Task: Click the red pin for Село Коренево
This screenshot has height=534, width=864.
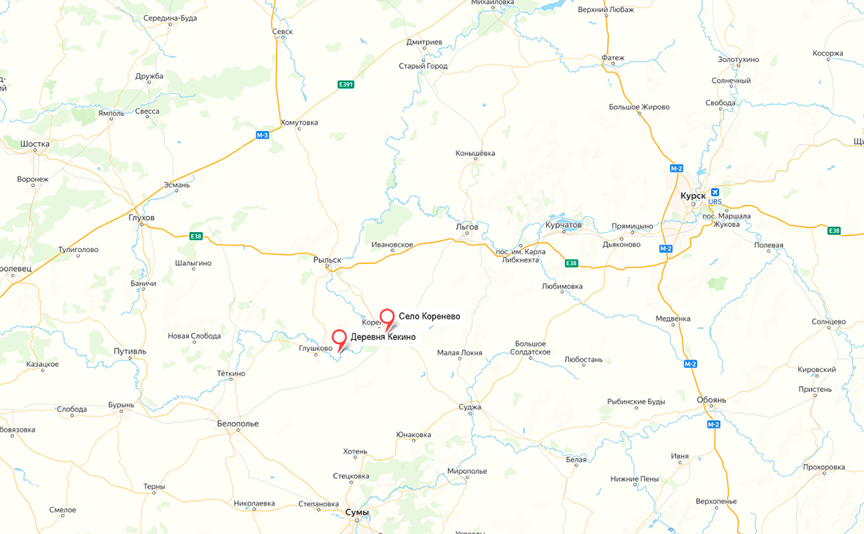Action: [x=388, y=317]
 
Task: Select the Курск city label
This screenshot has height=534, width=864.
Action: [x=693, y=196]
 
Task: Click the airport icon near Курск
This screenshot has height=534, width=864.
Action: [x=715, y=193]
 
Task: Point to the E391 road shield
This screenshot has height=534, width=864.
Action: [x=346, y=85]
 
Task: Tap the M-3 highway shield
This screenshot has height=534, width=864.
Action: [x=262, y=135]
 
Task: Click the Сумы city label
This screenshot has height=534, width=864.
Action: [x=357, y=512]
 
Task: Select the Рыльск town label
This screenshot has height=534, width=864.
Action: [x=327, y=260]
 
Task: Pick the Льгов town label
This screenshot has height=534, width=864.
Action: [x=466, y=227]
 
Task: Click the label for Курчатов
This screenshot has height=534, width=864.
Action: [x=563, y=225]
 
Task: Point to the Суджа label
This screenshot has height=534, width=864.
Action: [x=470, y=407]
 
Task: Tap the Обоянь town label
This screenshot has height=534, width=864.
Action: [x=711, y=400]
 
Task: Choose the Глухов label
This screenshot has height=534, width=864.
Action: [x=141, y=218]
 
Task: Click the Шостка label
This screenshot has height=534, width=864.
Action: [x=35, y=144]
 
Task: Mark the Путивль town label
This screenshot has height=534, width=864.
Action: [x=130, y=352]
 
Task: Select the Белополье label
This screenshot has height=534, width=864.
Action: [x=238, y=423]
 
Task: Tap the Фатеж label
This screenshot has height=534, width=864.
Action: [x=613, y=58]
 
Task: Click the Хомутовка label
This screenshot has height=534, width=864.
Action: [x=299, y=122]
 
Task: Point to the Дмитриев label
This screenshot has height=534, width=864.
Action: [x=424, y=42]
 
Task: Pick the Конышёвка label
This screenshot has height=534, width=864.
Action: [x=475, y=153]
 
